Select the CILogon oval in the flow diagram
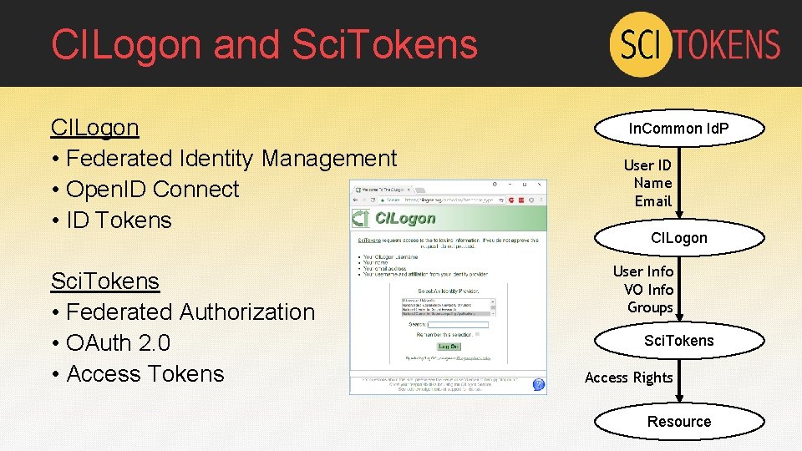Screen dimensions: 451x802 click(678, 238)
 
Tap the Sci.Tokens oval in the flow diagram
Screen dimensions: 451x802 click(678, 341)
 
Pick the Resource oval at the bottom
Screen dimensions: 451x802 click(678, 422)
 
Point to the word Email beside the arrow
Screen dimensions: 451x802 click(652, 201)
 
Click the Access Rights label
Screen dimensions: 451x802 click(628, 378)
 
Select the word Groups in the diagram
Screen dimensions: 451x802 click(650, 307)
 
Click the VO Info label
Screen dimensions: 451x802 click(648, 289)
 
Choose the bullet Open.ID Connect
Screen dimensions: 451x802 click(152, 190)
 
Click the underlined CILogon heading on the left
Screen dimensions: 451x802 click(94, 128)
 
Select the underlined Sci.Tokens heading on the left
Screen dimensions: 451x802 click(104, 281)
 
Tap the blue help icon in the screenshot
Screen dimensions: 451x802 click(538, 384)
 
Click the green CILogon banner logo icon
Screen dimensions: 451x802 click(359, 219)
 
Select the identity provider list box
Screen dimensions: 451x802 click(448, 307)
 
